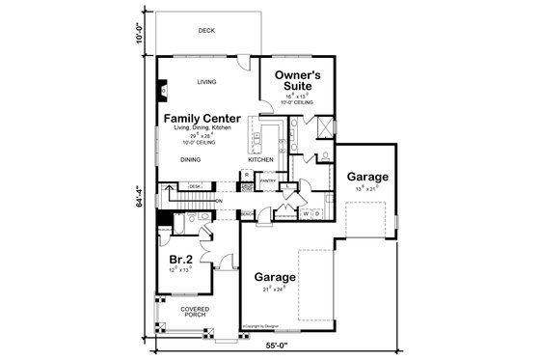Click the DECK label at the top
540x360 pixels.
(x=205, y=31)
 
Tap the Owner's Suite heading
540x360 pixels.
(x=297, y=79)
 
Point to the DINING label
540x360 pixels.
(x=190, y=160)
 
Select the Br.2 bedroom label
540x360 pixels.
(x=180, y=260)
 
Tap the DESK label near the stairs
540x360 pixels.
(x=195, y=186)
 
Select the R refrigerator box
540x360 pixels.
(x=247, y=175)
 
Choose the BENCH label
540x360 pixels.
(x=248, y=212)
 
